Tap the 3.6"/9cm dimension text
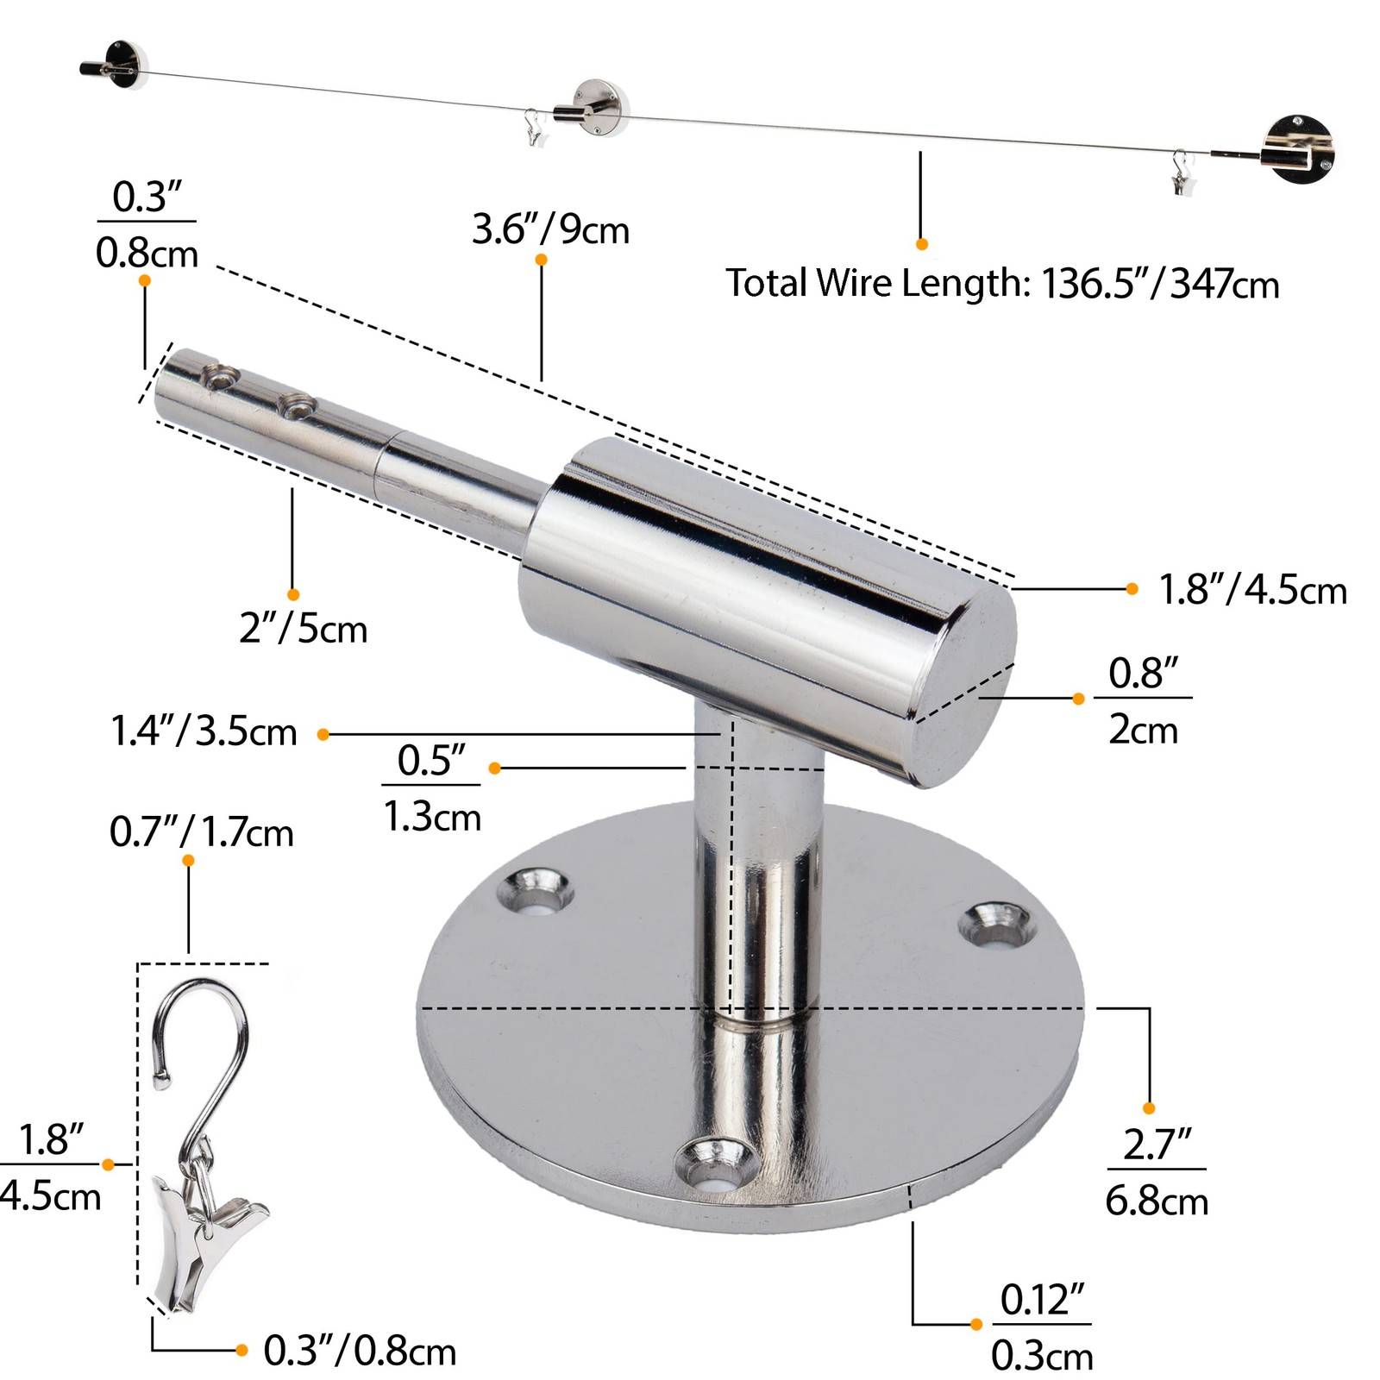click(x=550, y=230)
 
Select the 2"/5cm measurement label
click(x=304, y=629)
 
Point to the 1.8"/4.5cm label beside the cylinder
click(x=1252, y=591)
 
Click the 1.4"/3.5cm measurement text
click(x=204, y=731)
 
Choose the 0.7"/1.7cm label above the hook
click(x=202, y=833)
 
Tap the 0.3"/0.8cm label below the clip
click(x=360, y=1351)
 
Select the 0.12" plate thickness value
click(x=1042, y=1300)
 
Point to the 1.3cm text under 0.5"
click(x=432, y=817)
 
